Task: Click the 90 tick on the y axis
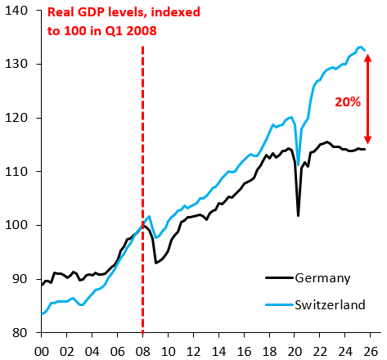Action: pos(20,279)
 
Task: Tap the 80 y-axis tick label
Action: pos(20,333)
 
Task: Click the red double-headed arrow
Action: pos(368,98)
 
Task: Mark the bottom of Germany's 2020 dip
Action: pos(299,215)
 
